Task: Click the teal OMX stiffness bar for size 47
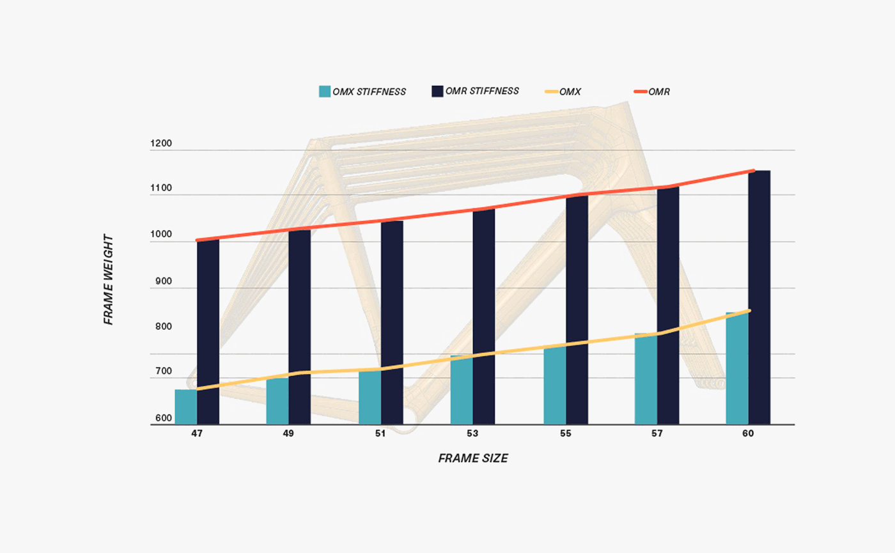pyautogui.click(x=185, y=407)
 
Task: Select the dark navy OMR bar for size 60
pyautogui.click(x=759, y=297)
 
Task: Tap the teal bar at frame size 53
pyautogui.click(x=462, y=390)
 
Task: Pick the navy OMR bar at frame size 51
pyautogui.click(x=392, y=322)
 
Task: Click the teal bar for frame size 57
pyautogui.click(x=646, y=378)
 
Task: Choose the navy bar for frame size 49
pyautogui.click(x=299, y=327)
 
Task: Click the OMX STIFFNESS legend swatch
pyautogui.click(x=325, y=91)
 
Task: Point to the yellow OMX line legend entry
pyautogui.click(x=563, y=92)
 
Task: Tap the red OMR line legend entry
pyautogui.click(x=651, y=92)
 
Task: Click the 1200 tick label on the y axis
pyautogui.click(x=161, y=144)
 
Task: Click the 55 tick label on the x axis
pyautogui.click(x=565, y=434)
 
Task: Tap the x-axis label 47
pyautogui.click(x=197, y=434)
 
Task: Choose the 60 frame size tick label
pyautogui.click(x=748, y=434)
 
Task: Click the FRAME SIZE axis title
pyautogui.click(x=473, y=458)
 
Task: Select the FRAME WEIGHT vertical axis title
pyautogui.click(x=109, y=279)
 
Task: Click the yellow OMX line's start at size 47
pyautogui.click(x=198, y=389)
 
